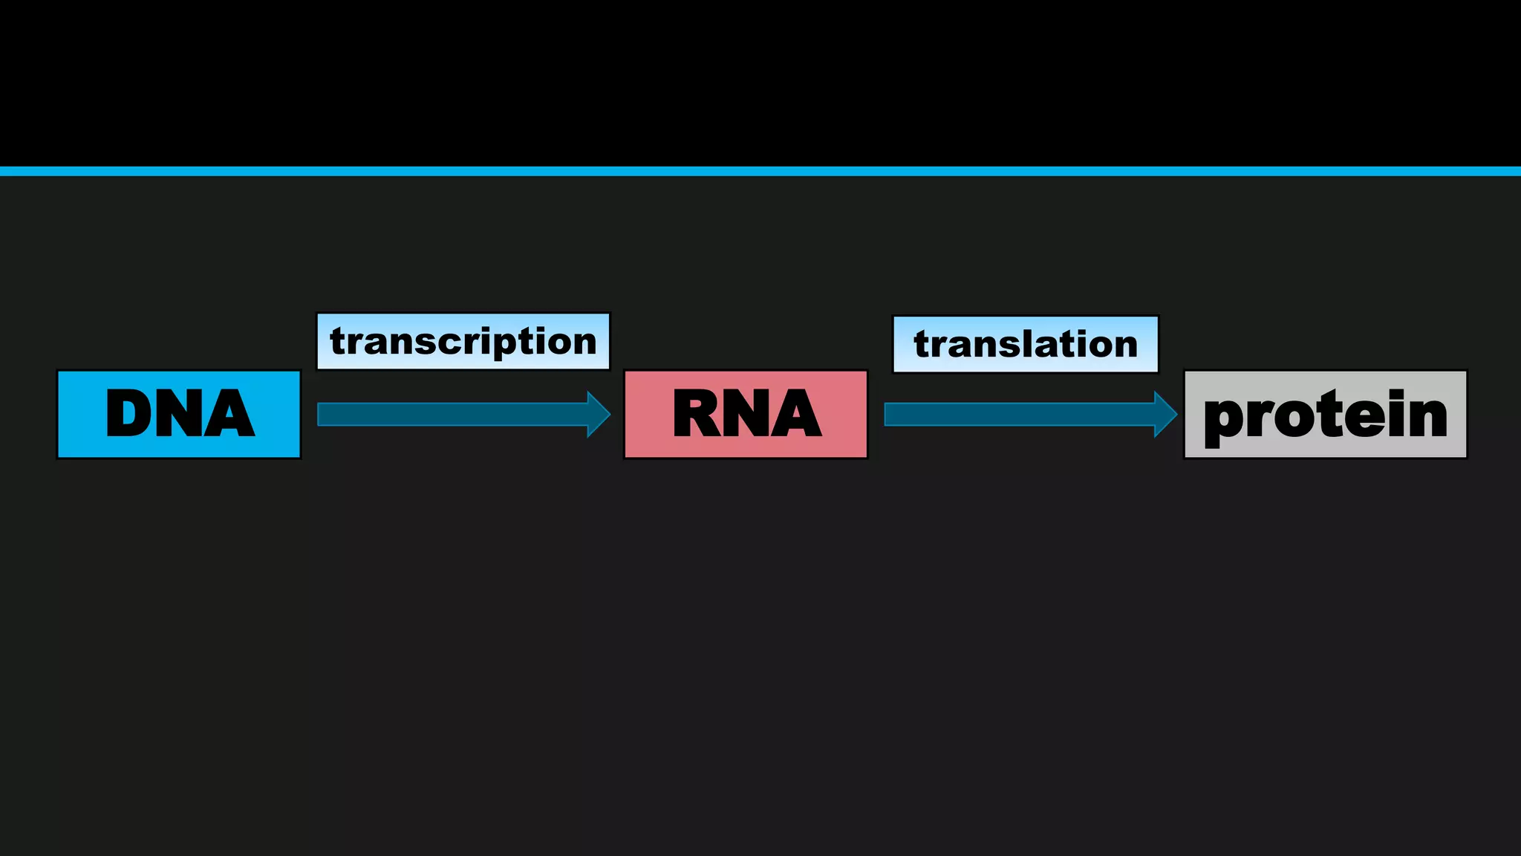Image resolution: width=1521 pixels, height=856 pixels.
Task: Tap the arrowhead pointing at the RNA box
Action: pos(599,414)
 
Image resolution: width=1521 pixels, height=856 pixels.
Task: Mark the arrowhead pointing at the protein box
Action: pos(1165,414)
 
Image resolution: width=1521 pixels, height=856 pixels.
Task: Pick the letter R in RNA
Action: pos(698,413)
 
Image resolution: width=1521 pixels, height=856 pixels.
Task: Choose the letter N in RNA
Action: pos(748,413)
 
